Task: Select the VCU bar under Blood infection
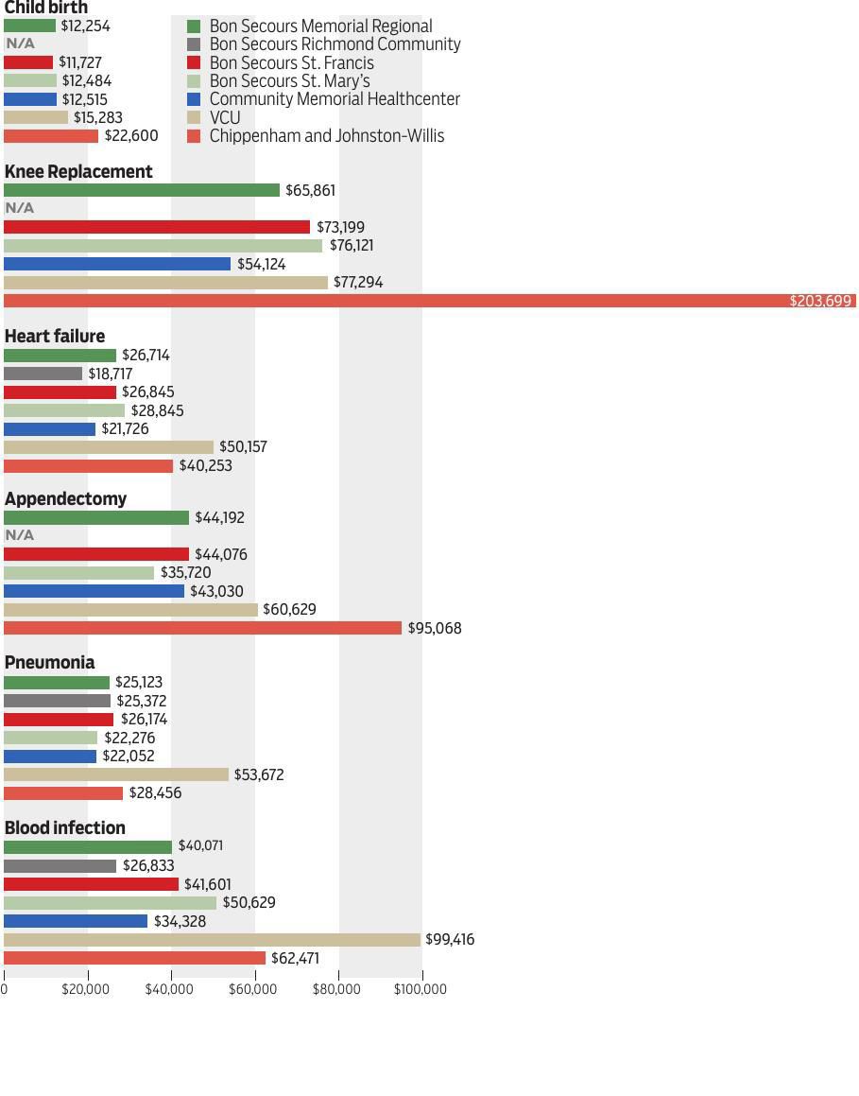tap(212, 940)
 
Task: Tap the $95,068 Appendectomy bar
tap(202, 628)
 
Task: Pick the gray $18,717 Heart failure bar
tap(43, 374)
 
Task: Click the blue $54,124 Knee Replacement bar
tap(117, 264)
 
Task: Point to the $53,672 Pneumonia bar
tap(116, 774)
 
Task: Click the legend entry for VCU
tap(225, 117)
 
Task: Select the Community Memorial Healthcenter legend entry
tap(334, 99)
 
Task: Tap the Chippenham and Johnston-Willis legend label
tap(326, 136)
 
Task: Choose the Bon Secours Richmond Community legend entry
tap(335, 44)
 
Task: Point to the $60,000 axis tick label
tap(253, 989)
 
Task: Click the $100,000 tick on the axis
tap(421, 989)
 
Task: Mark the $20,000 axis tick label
tap(86, 989)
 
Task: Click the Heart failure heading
tap(55, 336)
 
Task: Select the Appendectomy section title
tap(65, 498)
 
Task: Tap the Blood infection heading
tap(65, 827)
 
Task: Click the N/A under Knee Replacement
tap(20, 208)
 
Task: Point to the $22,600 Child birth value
tap(131, 136)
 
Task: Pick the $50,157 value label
tap(243, 447)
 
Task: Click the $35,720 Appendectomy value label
tap(185, 573)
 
